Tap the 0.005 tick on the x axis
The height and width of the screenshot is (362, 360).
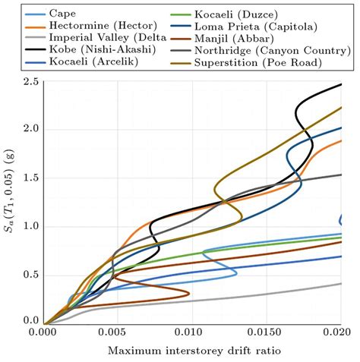(118, 332)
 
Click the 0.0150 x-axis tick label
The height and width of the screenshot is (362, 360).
(267, 332)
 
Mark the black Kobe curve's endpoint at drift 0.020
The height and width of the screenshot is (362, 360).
(342, 84)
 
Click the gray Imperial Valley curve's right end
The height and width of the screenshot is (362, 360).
(342, 283)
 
